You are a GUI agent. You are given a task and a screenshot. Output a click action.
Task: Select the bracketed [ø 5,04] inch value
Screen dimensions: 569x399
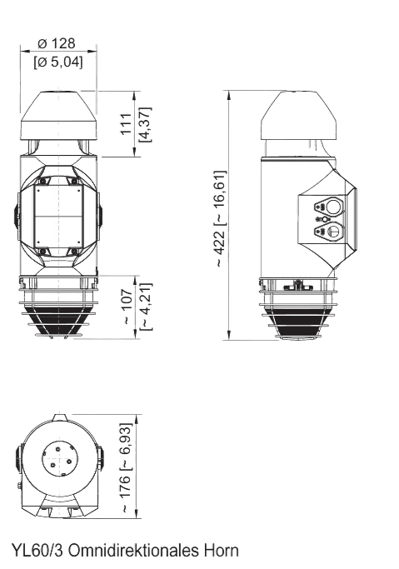pyautogui.click(x=57, y=60)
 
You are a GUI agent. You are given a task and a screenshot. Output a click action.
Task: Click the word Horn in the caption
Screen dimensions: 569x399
pyautogui.click(x=221, y=551)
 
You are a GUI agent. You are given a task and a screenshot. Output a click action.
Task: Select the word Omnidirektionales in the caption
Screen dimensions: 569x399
pyautogui.click(x=133, y=551)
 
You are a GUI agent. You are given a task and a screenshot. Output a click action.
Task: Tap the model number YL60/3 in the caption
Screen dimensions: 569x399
pyautogui.click(x=37, y=551)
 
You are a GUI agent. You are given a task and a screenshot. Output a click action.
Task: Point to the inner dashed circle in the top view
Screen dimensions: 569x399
pyautogui.click(x=57, y=456)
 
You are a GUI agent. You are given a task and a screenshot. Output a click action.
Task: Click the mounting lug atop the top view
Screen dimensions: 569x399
pyautogui.click(x=57, y=414)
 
